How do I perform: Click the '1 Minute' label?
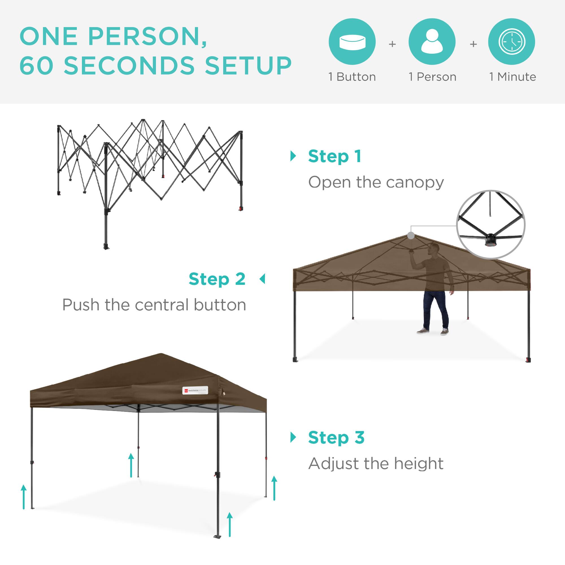coord(513,77)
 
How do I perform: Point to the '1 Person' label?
coord(433,77)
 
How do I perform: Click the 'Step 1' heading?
coord(335,157)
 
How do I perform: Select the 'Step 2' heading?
coord(217,279)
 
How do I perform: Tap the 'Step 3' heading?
coord(336,438)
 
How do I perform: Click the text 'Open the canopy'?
coord(376,182)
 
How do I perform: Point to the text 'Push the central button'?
coord(154,305)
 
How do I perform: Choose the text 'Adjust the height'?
coord(376,464)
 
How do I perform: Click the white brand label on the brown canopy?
coord(195,390)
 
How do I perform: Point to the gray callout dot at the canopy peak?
coord(411,235)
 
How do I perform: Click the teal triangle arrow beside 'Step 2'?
coord(262,279)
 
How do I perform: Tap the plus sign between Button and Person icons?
coord(392,44)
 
